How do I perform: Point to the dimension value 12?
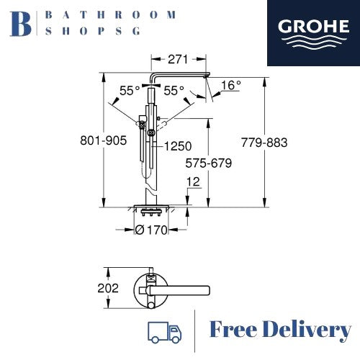click(x=192, y=182)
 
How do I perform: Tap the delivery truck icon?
click(x=163, y=331)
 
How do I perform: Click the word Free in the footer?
click(x=234, y=330)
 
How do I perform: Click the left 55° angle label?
click(x=130, y=91)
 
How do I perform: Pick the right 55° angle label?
click(x=174, y=91)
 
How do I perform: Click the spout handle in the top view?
click(x=184, y=290)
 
